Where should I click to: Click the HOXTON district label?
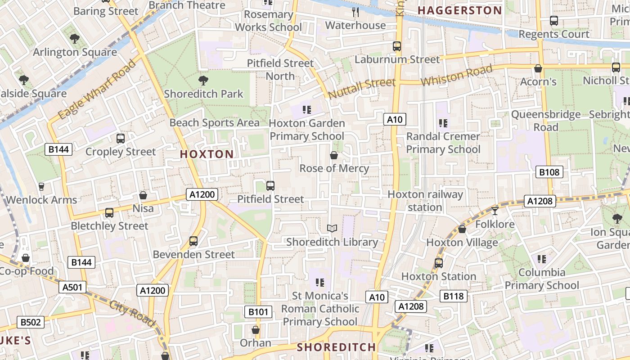point(207,154)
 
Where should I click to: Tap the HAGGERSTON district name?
point(459,10)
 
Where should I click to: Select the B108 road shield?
point(549,172)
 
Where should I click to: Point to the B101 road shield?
point(258,311)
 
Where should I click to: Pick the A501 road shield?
point(72,287)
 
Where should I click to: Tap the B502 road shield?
point(31,322)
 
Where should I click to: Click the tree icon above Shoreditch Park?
point(203,81)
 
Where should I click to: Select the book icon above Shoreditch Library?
point(332,229)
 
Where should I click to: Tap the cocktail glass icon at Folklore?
point(495,211)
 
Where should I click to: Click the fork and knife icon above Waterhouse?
point(355,12)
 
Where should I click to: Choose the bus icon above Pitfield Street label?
point(270,186)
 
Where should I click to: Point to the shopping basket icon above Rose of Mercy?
point(334,155)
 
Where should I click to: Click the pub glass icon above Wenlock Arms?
point(41,186)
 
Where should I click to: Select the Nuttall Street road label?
point(362,88)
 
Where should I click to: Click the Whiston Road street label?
point(456,76)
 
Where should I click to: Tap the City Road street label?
point(132,314)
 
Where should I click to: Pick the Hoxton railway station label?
point(425,201)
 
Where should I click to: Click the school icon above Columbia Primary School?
point(542,259)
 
